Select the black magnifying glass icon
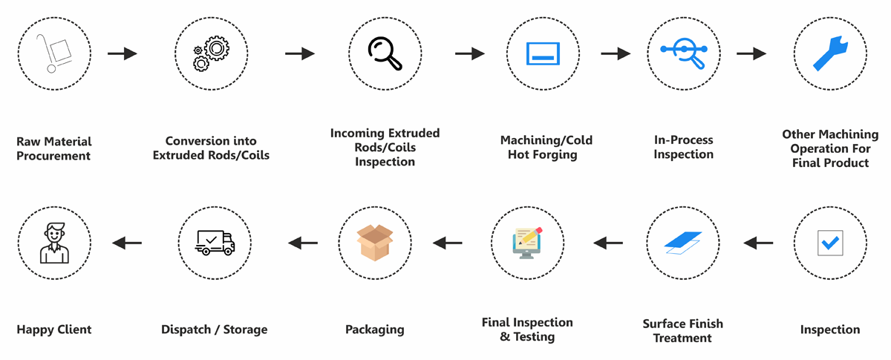(x=385, y=53)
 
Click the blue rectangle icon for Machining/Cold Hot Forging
(x=542, y=53)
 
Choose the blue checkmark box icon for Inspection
(x=829, y=242)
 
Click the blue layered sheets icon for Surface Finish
(x=682, y=242)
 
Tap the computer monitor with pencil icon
(x=527, y=242)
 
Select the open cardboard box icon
(x=375, y=242)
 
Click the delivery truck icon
(x=215, y=242)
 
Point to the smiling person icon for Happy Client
(x=53, y=242)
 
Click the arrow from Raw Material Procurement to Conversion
(x=123, y=53)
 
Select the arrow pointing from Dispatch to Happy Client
(x=127, y=242)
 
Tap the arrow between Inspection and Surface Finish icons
(x=758, y=242)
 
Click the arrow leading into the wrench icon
(x=751, y=53)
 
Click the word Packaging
(x=375, y=330)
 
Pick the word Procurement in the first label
(x=53, y=156)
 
